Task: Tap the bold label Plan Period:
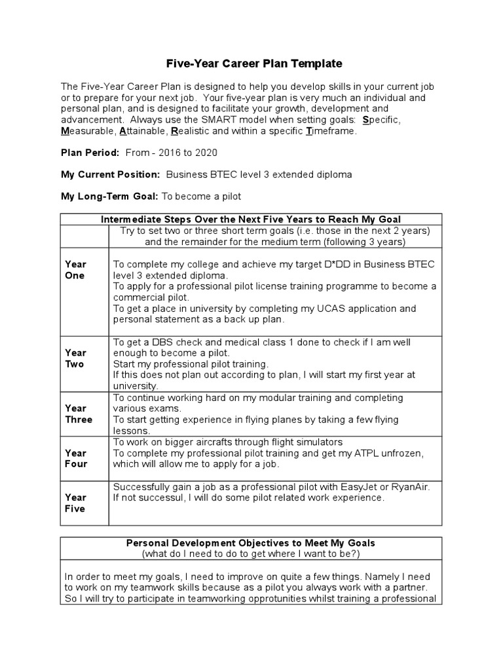90,152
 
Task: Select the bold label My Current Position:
110,174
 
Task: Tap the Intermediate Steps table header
251,219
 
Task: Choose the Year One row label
75,269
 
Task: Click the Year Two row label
75,358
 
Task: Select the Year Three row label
79,414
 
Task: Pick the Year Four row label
75,459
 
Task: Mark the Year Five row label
75,503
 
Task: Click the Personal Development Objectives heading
251,543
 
